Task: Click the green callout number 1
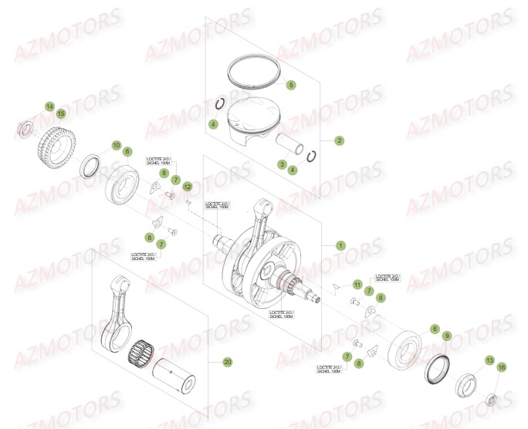tap(340, 245)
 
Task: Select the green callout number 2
tap(339, 140)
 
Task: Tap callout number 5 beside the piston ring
tap(291, 85)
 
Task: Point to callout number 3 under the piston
tap(283, 164)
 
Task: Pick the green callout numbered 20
tap(227, 362)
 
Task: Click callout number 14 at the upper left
tap(49, 106)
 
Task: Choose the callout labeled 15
tap(62, 114)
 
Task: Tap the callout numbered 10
tap(116, 145)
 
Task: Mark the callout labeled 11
tap(357, 285)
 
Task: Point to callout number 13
tap(489, 360)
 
